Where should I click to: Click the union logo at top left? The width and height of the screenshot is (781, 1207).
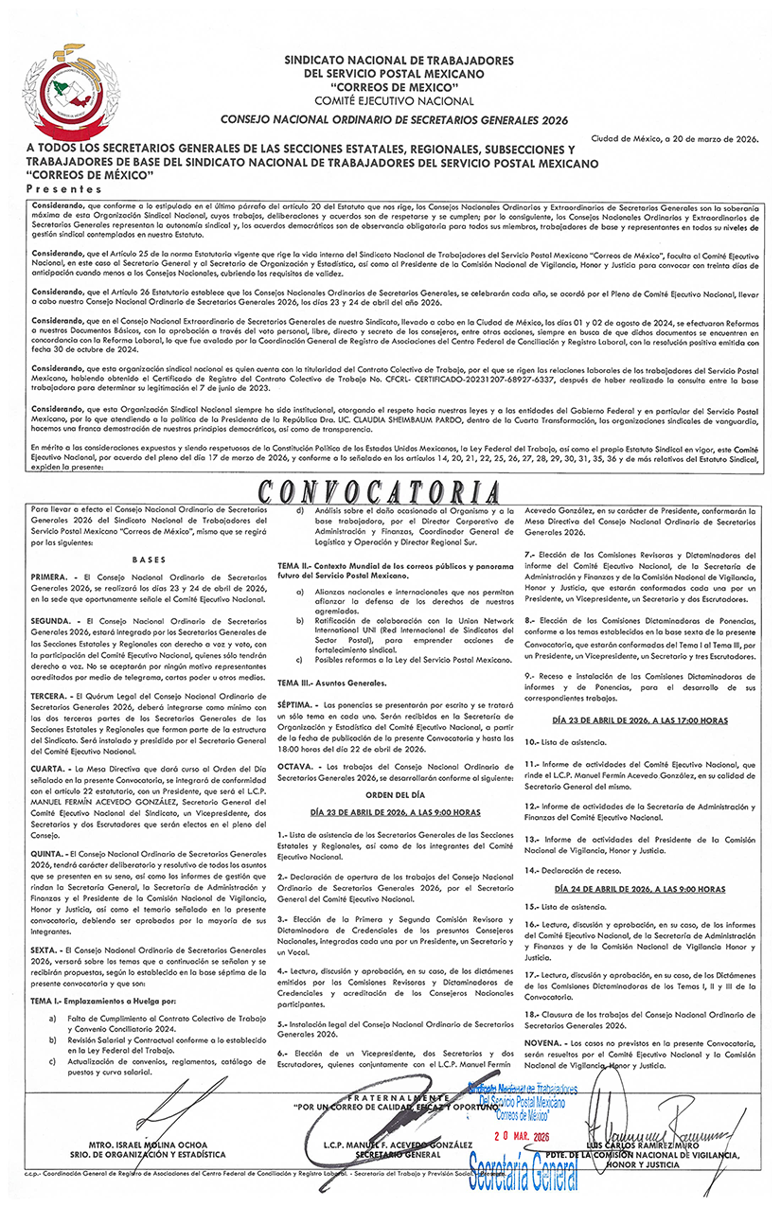click(66, 83)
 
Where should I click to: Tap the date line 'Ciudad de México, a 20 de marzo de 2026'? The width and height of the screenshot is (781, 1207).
click(675, 138)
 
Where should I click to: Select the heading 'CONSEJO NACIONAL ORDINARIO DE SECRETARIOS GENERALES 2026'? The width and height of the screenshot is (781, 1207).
click(393, 121)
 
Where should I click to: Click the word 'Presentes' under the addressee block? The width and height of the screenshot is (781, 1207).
click(60, 189)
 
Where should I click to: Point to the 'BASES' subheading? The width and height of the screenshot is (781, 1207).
click(149, 559)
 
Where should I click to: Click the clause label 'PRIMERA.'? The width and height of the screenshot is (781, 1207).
click(49, 576)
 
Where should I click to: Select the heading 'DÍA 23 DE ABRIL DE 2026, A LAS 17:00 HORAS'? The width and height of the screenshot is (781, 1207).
click(639, 720)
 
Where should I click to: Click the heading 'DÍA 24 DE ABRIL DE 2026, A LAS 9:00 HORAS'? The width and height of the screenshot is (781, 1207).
click(639, 889)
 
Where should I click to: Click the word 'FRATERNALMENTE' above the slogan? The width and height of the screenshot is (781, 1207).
click(388, 1096)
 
